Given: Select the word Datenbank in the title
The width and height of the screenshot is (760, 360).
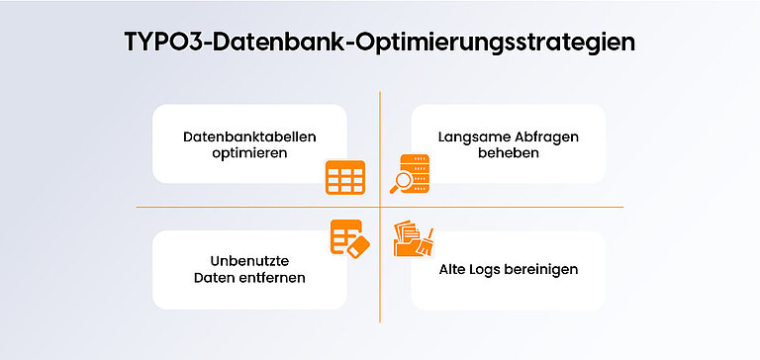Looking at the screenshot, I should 259,44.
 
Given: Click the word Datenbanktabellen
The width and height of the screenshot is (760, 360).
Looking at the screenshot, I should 249,135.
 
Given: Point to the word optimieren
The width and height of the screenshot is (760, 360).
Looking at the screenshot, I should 249,153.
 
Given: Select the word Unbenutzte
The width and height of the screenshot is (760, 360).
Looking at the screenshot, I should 249,259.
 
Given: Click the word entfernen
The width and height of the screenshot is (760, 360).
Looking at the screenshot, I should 272,278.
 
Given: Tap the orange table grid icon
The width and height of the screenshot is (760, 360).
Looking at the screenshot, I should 345,177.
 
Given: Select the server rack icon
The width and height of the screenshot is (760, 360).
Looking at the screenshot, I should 417,168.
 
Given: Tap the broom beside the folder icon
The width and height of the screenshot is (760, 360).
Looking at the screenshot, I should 427,242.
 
